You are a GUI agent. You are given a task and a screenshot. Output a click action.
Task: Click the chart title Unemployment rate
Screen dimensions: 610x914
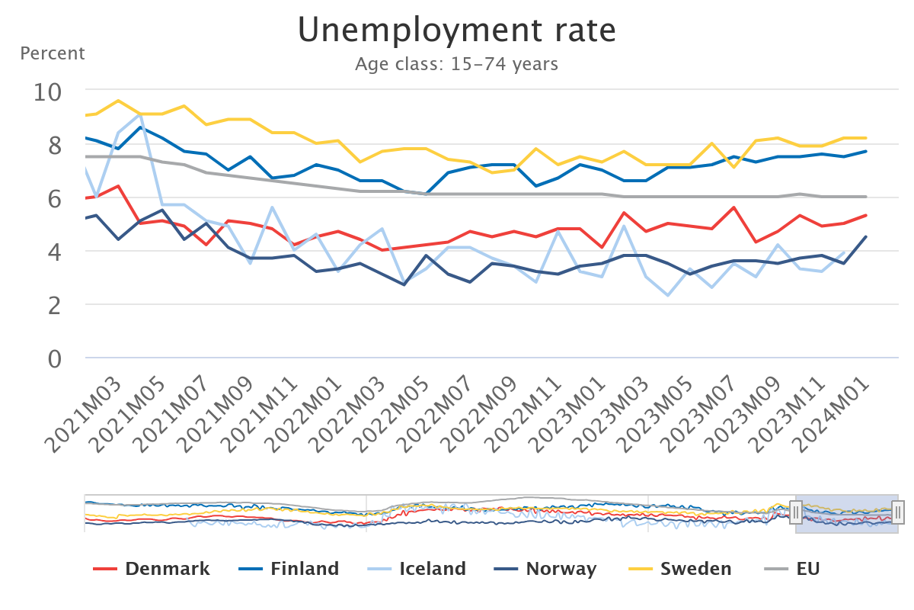click(456, 30)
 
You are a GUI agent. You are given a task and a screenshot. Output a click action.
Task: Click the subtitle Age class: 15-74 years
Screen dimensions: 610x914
click(456, 64)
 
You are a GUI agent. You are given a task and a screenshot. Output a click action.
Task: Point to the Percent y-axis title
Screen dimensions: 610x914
click(53, 54)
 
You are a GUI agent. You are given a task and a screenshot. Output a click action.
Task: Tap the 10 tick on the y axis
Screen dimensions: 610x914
click(48, 91)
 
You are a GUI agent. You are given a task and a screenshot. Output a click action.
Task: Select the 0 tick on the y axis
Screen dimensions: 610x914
click(55, 358)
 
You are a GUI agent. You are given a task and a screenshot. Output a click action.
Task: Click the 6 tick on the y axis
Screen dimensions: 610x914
click(55, 198)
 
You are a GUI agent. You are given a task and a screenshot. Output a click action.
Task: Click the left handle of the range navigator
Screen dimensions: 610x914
click(796, 512)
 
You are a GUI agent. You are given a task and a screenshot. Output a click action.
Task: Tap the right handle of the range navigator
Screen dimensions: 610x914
click(898, 512)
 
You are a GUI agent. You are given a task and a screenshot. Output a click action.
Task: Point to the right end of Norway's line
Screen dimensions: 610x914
click(866, 236)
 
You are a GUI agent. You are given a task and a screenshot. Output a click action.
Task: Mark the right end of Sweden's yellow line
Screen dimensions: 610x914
click(866, 138)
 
